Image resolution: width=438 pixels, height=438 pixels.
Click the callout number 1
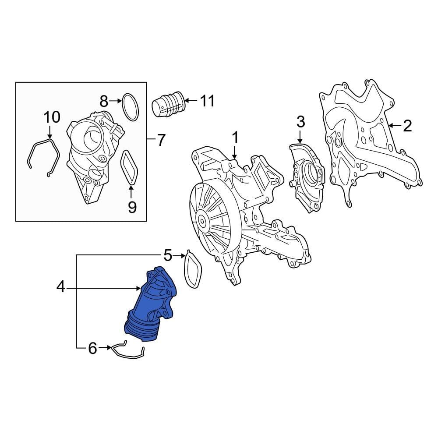235,138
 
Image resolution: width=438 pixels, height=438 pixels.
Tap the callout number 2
407,126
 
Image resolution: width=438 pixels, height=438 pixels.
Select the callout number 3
300,122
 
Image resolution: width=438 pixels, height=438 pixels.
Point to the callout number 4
60,287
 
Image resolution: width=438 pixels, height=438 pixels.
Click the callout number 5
168,254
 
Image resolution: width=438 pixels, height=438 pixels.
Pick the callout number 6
92,348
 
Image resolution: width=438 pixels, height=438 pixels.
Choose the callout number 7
161,141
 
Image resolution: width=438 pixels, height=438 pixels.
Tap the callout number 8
103,102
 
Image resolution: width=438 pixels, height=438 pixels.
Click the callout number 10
51,117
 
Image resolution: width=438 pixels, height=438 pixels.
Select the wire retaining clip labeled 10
43,151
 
